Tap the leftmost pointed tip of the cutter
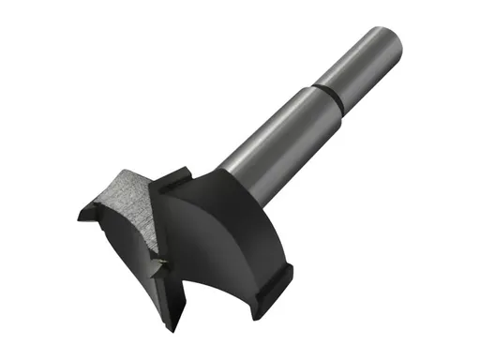(x=82, y=213)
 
